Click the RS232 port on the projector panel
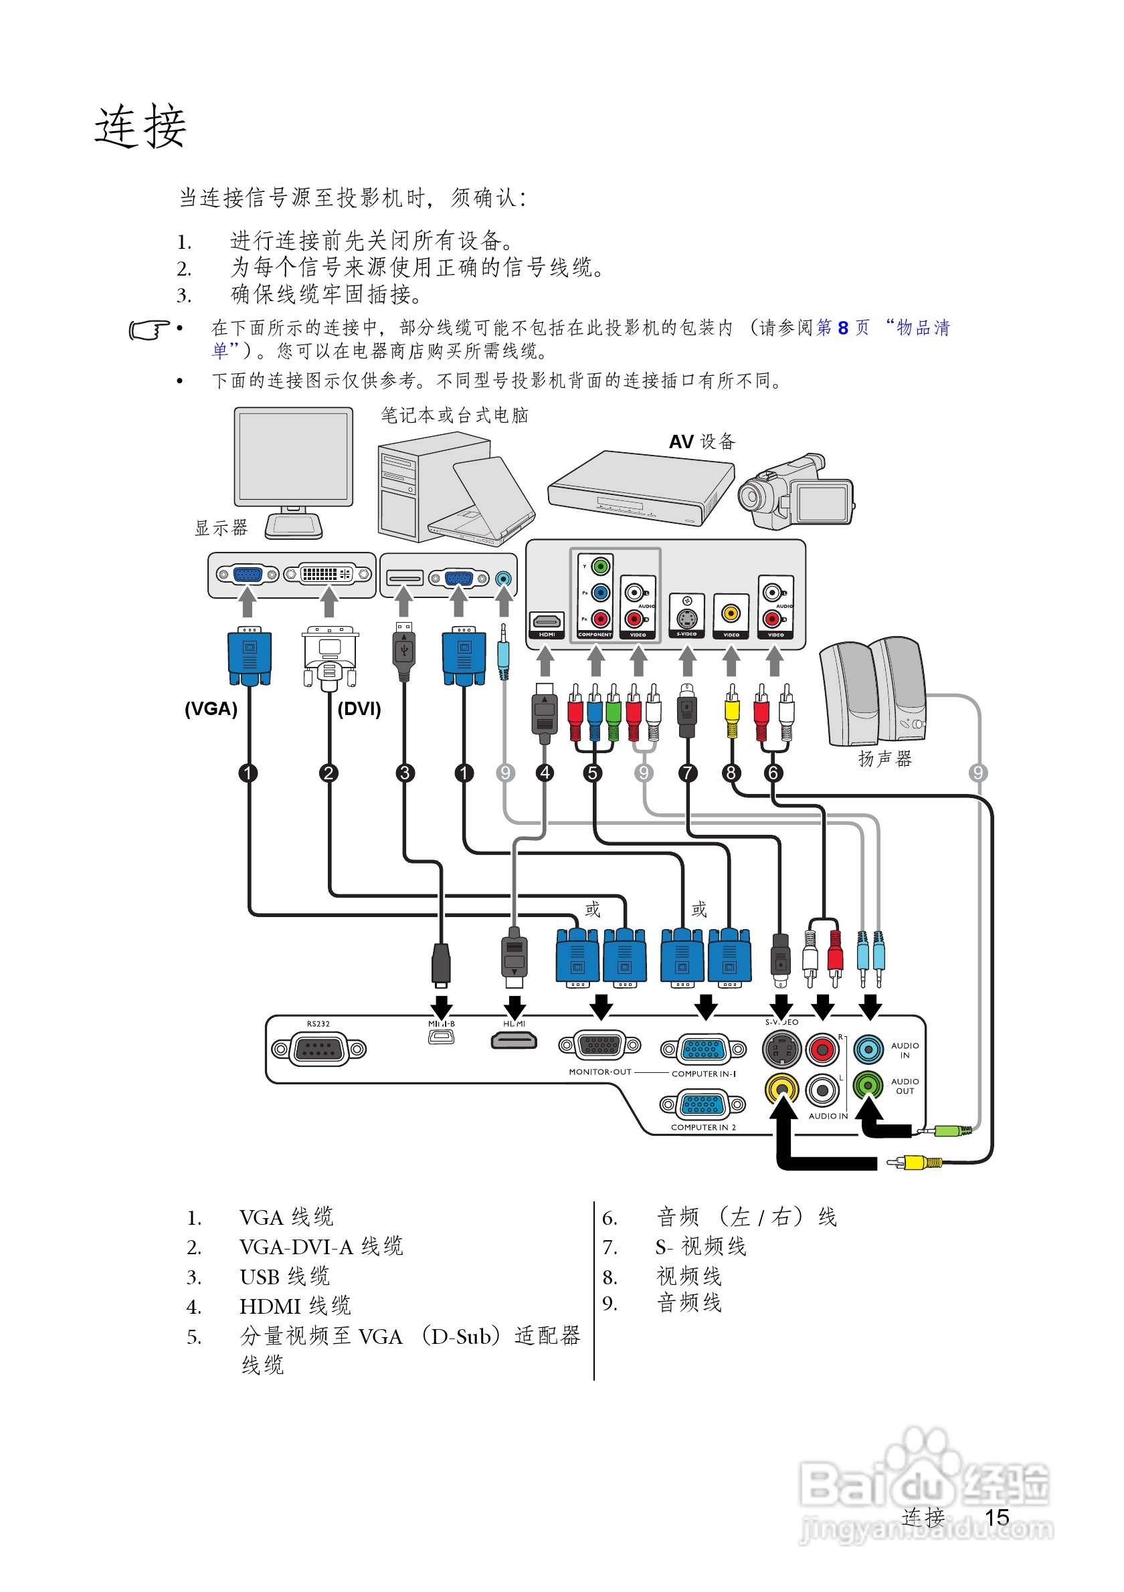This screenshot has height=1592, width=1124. coord(319,1050)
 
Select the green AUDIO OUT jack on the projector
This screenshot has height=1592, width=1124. coord(868,1085)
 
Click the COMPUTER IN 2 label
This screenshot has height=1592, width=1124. coord(702,1127)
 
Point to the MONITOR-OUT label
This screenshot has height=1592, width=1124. coord(599,1072)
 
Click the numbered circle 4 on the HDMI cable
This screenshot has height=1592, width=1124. coord(545,773)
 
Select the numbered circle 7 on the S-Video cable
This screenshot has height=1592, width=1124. coord(687,773)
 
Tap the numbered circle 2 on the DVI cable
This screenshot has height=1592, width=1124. coord(329,773)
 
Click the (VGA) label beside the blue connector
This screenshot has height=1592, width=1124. coord(211,708)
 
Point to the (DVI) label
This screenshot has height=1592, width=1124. coord(359,708)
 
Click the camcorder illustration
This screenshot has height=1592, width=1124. coord(796,492)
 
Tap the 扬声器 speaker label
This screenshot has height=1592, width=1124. coord(884,759)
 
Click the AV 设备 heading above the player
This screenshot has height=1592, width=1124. coord(702,441)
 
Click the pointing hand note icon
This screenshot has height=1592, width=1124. coord(149,330)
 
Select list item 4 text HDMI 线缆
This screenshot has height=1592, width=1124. coord(296,1306)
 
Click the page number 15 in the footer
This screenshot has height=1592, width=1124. coord(996,1517)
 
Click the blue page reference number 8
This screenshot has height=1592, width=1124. coord(842,328)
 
